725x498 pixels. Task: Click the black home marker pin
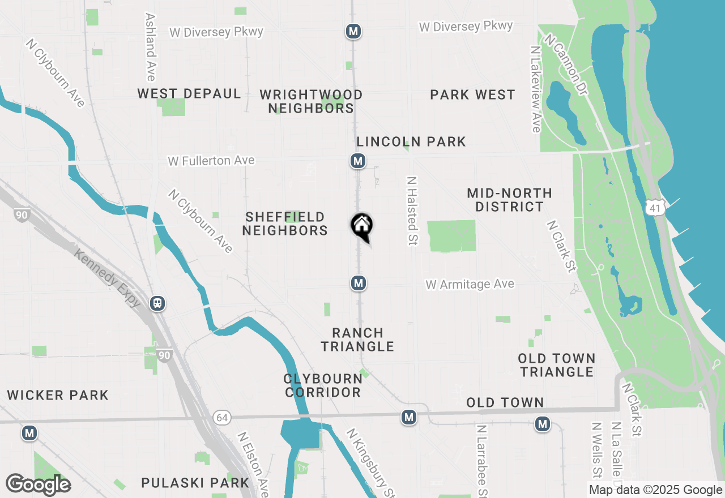[362, 226]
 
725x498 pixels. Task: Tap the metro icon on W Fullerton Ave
[357, 161]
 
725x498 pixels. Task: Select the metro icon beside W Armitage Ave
[358, 282]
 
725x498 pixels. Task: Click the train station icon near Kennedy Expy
[157, 303]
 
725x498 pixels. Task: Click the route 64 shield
[222, 418]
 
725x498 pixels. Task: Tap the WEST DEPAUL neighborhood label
[189, 93]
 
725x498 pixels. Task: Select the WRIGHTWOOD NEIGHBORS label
[311, 101]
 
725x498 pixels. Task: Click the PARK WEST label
[472, 95]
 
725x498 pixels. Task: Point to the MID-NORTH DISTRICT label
[509, 200]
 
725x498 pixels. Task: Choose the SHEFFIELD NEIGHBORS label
[285, 224]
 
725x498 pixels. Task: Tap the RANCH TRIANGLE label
[357, 340]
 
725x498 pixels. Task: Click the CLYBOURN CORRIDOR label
[323, 385]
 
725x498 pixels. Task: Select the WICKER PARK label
[58, 395]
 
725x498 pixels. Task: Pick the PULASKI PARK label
[195, 483]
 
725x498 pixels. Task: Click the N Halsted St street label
[412, 211]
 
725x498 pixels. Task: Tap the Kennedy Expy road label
[108, 277]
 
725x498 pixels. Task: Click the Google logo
[38, 484]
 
